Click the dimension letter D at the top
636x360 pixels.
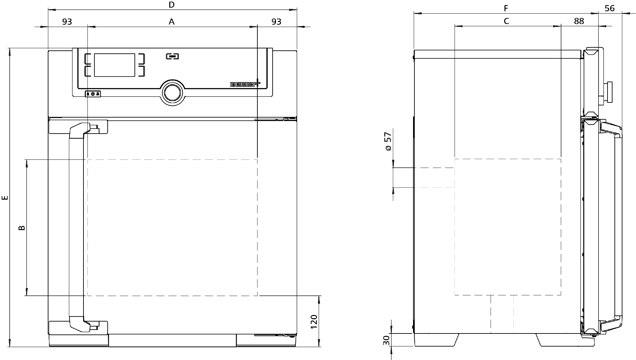171,5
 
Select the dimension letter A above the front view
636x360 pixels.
172,22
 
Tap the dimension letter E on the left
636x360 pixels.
5,198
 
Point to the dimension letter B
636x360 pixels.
21,228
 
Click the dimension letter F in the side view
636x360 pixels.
506,8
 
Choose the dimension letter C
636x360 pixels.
506,21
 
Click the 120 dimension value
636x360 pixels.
314,321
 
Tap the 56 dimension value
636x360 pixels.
610,8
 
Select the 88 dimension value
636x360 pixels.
579,21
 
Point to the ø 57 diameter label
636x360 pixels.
388,142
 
